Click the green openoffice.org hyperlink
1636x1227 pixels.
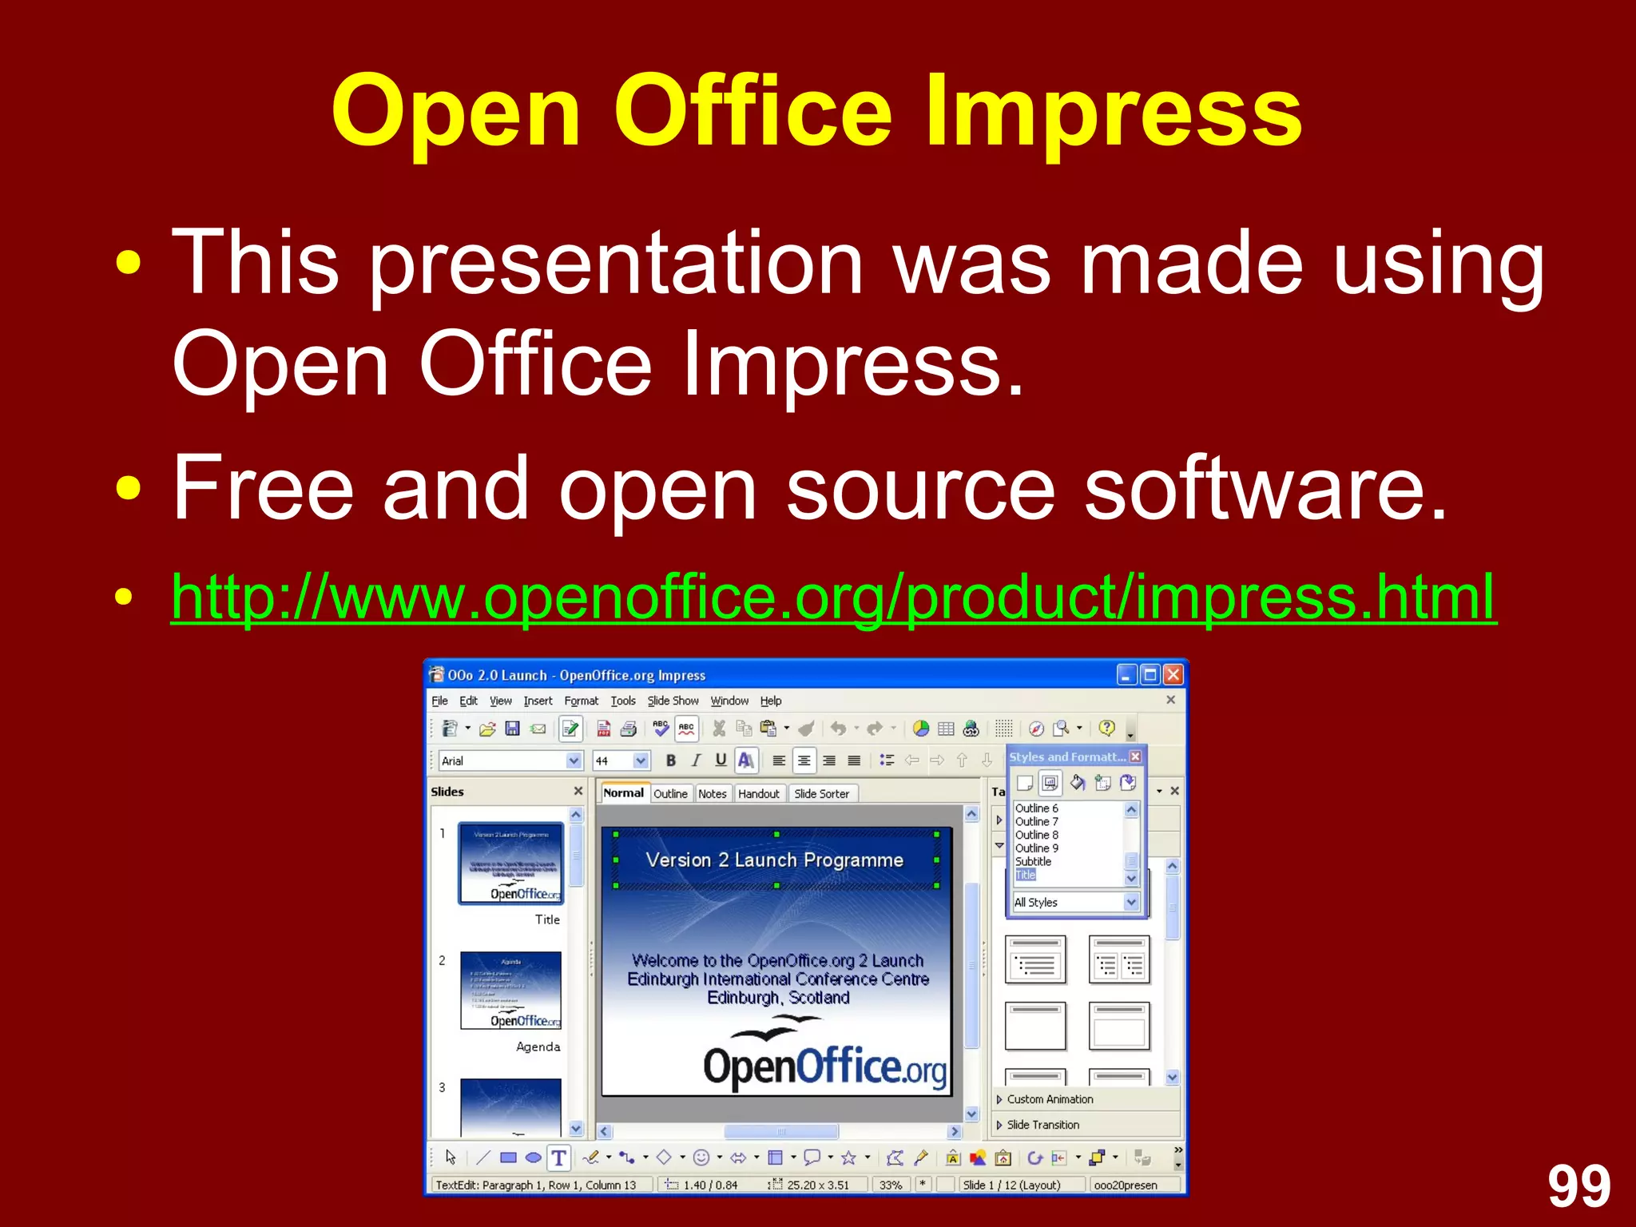pyautogui.click(x=833, y=597)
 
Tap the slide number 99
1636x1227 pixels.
pyautogui.click(x=1578, y=1187)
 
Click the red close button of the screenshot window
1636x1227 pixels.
pyautogui.click(x=1173, y=675)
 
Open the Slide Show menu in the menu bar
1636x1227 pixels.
pyautogui.click(x=673, y=701)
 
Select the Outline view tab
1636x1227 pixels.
pyautogui.click(x=669, y=793)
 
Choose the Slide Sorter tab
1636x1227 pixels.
pyautogui.click(x=821, y=793)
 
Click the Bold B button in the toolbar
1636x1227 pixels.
pyautogui.click(x=670, y=760)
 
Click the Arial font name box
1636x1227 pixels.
pyautogui.click(x=502, y=760)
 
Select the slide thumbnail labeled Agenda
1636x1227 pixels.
pyautogui.click(x=510, y=991)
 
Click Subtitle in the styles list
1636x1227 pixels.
pyautogui.click(x=1033, y=861)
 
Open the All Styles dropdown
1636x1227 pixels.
pyautogui.click(x=1074, y=902)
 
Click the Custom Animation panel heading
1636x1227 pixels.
pyautogui.click(x=1050, y=1099)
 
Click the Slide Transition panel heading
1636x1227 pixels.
pyautogui.click(x=1042, y=1125)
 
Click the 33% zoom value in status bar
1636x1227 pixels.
pyautogui.click(x=890, y=1185)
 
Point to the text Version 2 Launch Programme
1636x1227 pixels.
pyautogui.click(x=774, y=860)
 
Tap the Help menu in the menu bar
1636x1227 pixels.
pyautogui.click(x=770, y=701)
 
